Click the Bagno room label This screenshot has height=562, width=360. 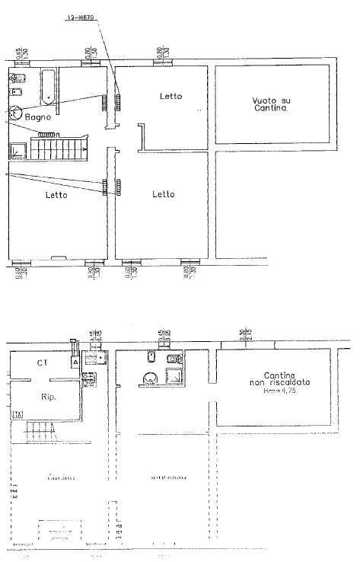[37, 118]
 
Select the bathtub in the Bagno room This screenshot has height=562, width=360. [47, 85]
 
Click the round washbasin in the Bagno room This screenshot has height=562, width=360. [14, 111]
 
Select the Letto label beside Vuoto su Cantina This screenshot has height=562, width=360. [170, 96]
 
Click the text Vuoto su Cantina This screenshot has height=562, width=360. [271, 105]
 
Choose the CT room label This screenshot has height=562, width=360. [43, 363]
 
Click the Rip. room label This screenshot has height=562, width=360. [47, 396]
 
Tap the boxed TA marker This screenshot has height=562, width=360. [18, 414]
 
